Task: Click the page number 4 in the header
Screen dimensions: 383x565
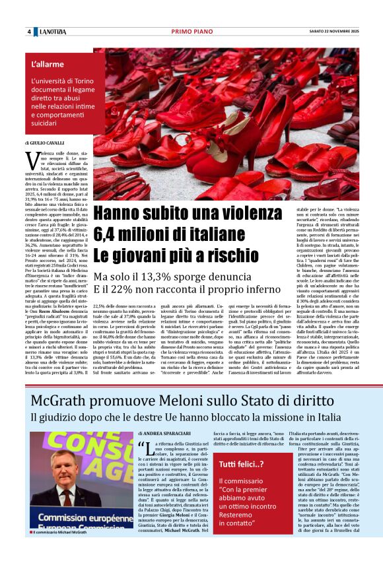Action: click(x=28, y=32)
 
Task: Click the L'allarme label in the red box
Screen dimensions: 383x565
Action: click(x=48, y=65)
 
